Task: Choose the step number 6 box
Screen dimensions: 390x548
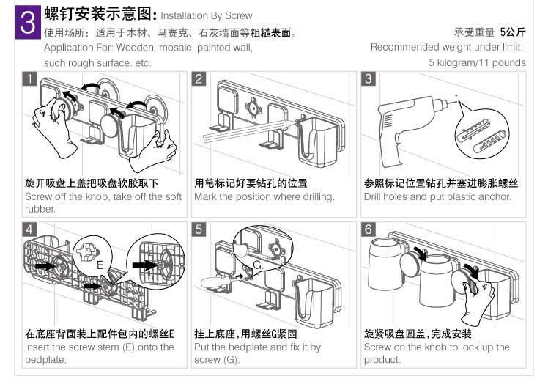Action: coord(369,229)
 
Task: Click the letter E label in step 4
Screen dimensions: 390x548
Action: coord(100,262)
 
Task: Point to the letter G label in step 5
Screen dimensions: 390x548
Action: coord(257,264)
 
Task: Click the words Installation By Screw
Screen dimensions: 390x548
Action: coord(206,15)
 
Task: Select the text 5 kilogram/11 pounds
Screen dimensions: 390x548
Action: coord(477,62)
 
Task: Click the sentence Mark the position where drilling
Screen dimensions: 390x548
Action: coord(264,196)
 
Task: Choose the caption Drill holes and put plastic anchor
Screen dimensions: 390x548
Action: coord(437,196)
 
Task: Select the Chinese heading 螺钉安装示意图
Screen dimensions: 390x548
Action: coord(100,14)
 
